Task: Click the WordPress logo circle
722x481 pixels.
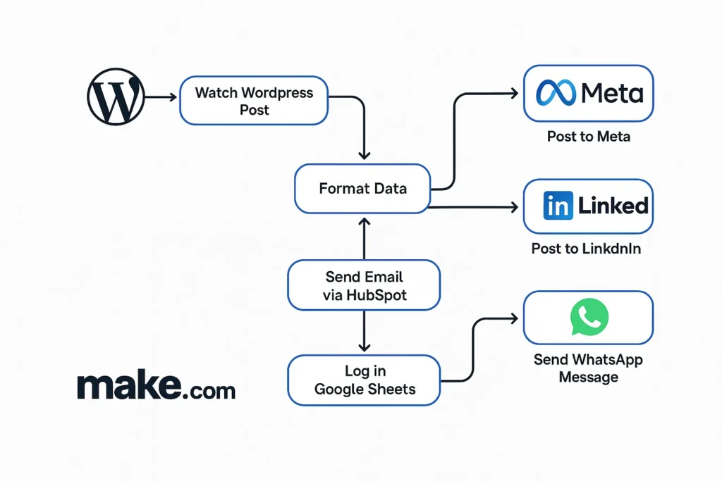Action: coord(116,97)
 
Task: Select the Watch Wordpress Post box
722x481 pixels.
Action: coord(254,101)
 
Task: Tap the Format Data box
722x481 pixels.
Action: coord(362,189)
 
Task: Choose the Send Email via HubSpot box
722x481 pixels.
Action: coord(364,286)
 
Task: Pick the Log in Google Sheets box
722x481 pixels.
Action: coord(364,380)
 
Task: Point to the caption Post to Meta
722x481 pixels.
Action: coord(588,137)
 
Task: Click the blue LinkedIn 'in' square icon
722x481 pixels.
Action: coord(558,206)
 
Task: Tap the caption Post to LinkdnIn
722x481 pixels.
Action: coord(586,249)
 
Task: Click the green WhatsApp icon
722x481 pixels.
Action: coord(589,318)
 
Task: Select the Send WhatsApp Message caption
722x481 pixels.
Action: coord(588,368)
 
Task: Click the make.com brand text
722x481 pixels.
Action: coord(156,387)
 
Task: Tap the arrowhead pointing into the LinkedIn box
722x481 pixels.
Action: coord(513,207)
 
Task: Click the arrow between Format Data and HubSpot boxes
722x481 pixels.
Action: coord(364,238)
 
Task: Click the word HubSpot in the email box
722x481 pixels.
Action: coord(377,296)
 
